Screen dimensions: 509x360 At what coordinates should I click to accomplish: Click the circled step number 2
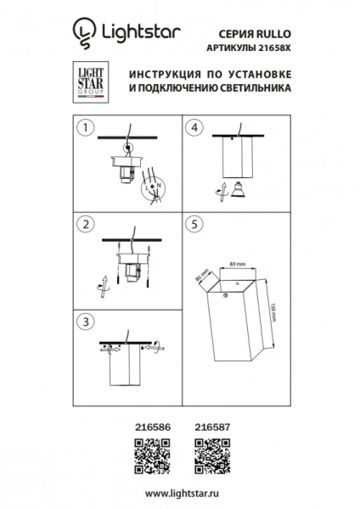tap(84, 225)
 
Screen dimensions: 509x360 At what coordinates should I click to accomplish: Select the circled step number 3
tap(84, 322)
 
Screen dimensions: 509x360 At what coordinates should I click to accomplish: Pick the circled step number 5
tap(195, 225)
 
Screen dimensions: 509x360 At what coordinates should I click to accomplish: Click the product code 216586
tap(154, 431)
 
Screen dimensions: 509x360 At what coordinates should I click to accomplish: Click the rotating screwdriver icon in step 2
tap(103, 283)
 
